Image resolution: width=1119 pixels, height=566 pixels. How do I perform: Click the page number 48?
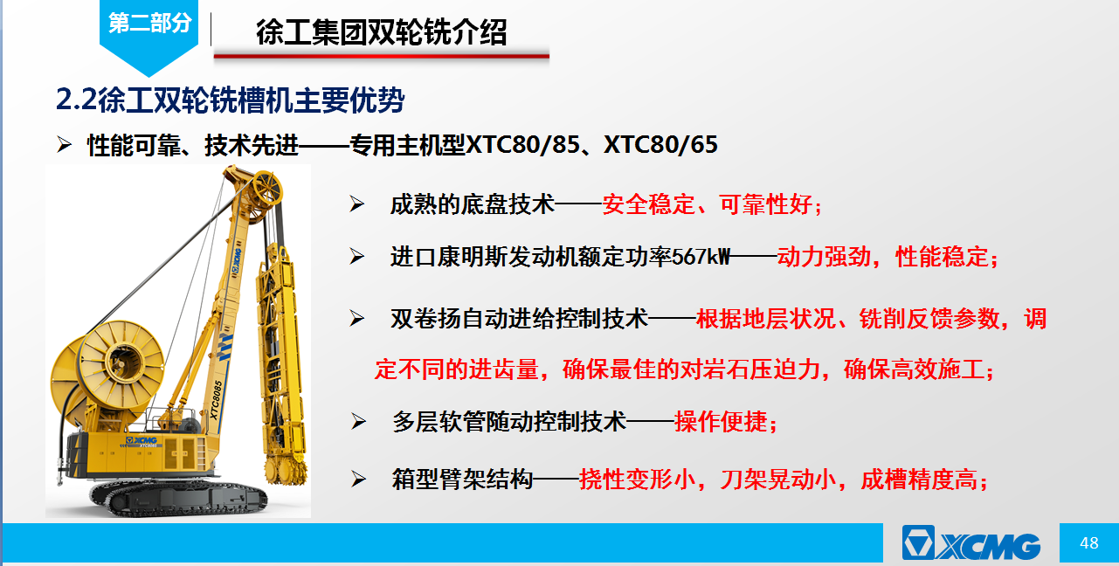1089,543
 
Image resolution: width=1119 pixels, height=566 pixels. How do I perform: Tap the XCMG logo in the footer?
971,542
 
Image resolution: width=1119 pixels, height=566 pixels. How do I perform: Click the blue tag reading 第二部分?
149,24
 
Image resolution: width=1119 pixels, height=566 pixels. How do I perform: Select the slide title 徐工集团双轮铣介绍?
382,32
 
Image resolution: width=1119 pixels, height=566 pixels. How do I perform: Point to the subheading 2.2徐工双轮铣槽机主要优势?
231,100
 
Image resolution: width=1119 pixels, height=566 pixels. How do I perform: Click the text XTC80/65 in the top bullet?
660,145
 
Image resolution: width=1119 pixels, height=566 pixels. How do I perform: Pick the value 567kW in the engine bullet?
701,257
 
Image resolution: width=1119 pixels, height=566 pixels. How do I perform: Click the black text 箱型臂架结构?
462,479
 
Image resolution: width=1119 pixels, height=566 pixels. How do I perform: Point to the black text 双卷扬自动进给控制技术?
519,318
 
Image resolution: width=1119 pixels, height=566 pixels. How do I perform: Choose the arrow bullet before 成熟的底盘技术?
356,204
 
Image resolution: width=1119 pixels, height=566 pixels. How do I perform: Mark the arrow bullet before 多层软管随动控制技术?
358,421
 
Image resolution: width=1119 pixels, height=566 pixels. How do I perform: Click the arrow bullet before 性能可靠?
64,144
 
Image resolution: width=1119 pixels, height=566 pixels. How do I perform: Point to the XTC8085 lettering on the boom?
216,400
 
